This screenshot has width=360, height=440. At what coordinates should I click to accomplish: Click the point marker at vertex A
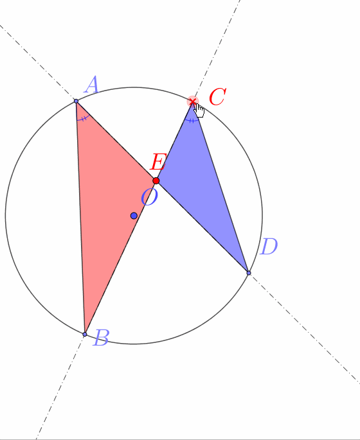tap(76, 101)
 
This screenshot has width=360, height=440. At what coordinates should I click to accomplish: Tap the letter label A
tap(92, 84)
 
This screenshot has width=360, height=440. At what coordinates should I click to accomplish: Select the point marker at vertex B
tap(85, 334)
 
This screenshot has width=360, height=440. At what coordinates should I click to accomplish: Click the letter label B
tap(100, 337)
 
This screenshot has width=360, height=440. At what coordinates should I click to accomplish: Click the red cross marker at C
tap(193, 101)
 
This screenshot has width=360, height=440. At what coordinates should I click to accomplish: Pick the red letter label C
tap(217, 97)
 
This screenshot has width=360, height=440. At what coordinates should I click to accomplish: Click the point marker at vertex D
tap(249, 273)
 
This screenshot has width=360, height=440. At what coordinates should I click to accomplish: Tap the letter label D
tap(269, 247)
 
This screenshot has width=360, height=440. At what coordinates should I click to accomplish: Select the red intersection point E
tap(156, 180)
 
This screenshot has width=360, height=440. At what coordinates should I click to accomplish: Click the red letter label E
tap(158, 162)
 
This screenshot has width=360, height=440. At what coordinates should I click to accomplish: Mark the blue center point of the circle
tap(134, 216)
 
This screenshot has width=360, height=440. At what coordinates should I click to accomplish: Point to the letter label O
tap(149, 197)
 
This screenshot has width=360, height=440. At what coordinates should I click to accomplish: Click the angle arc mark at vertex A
tap(84, 119)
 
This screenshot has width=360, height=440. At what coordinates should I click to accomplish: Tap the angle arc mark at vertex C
tap(192, 121)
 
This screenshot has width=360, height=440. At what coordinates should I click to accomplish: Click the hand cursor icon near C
tap(200, 110)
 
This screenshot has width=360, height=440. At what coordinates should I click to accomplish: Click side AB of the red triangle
tap(80, 218)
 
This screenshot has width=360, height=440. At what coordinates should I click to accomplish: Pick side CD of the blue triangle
tap(221, 187)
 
